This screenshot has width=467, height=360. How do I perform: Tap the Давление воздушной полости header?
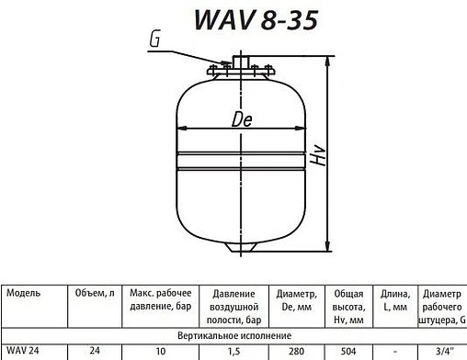tap(233, 307)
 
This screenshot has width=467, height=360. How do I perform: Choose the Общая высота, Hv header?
tap(347, 307)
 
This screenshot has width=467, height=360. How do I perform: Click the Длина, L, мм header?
tap(393, 300)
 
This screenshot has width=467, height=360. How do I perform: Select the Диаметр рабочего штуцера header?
tap(442, 307)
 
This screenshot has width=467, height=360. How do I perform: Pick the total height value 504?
tap(347, 352)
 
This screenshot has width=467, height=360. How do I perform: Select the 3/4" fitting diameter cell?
tap(442, 352)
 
